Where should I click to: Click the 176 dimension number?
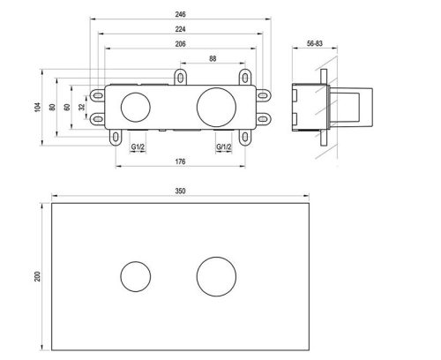coord(180,161)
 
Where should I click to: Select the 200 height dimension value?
coord(37,276)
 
